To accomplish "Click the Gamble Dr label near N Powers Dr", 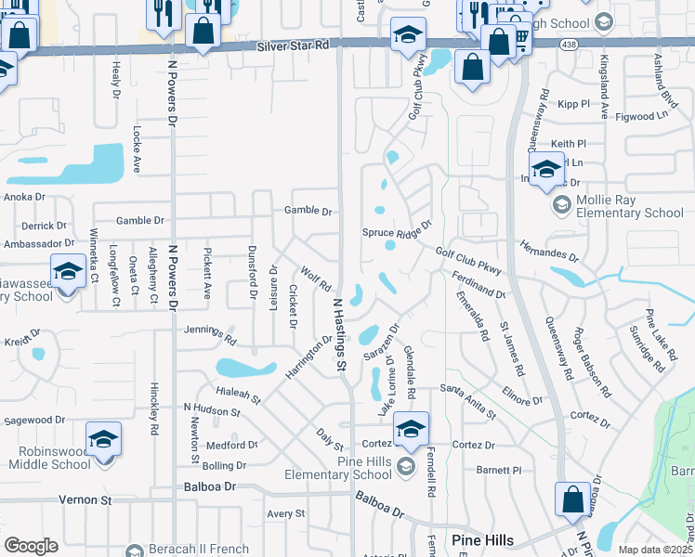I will point(140,221).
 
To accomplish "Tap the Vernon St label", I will point(85,499).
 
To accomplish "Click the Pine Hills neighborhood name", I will point(481,540).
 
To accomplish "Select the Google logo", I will point(31,545).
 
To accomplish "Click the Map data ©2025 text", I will point(654,550).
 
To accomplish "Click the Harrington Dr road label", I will point(308,356).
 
